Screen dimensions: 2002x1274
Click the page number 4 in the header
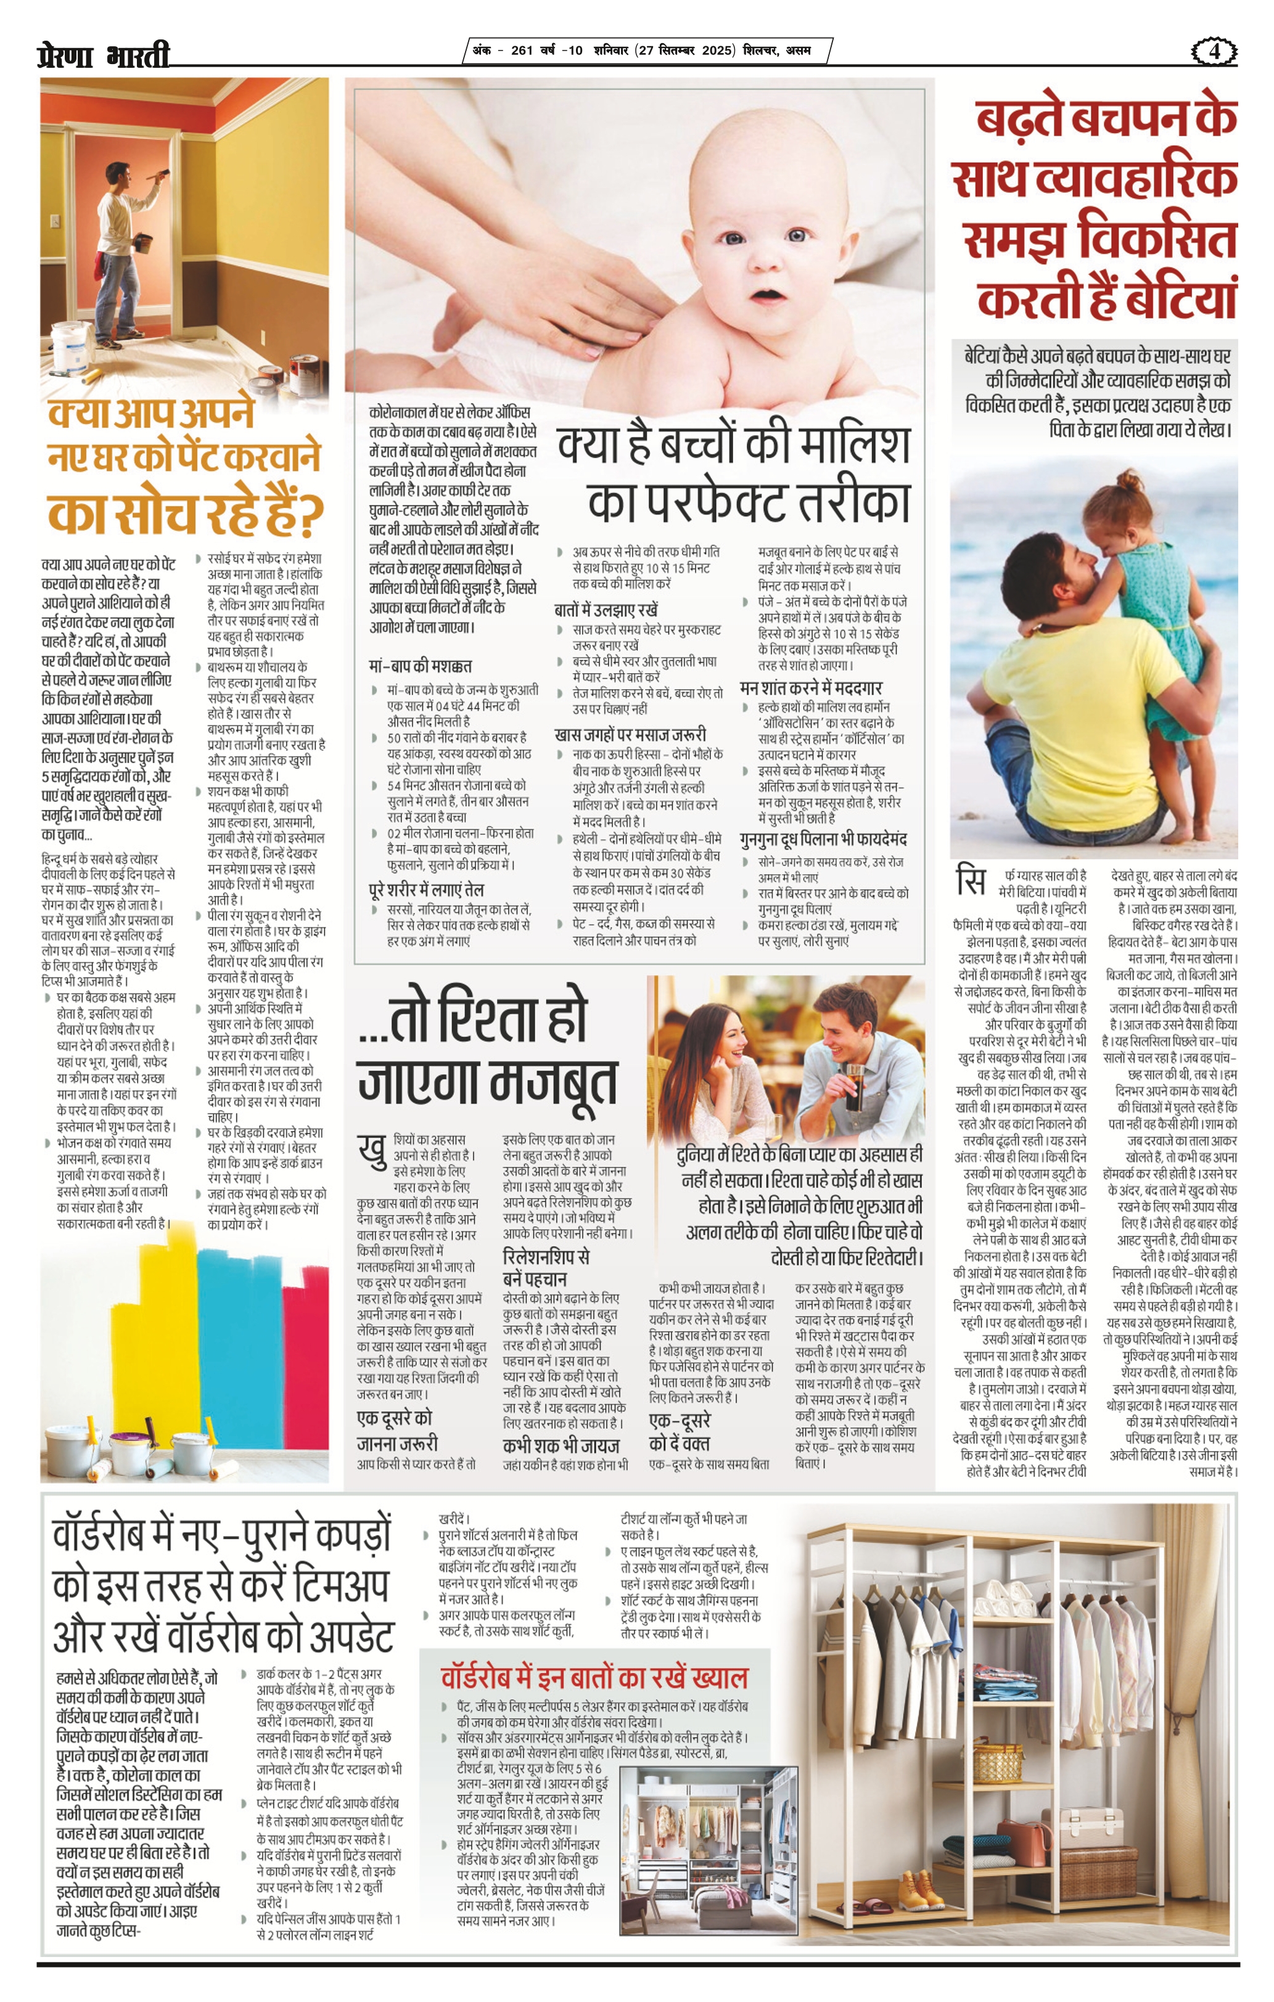tap(1214, 52)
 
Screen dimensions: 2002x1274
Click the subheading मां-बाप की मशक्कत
tap(420, 666)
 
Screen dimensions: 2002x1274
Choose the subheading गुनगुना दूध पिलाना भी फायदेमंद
tap(823, 840)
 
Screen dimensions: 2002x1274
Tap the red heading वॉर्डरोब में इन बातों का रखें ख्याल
tap(594, 1678)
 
